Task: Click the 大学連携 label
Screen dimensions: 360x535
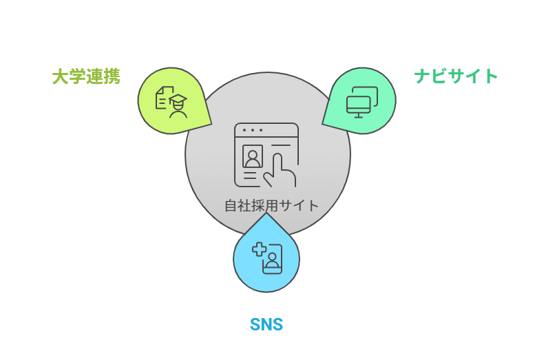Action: pos(86,76)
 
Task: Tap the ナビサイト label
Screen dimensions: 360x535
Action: pos(456,76)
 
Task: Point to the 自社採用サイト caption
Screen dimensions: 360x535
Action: pos(272,205)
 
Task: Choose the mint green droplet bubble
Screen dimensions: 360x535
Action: pos(361,100)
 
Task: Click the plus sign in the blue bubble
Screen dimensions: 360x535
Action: pos(259,250)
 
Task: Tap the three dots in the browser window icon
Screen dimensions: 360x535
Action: pos(252,130)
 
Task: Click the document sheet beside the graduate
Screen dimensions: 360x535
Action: pos(163,98)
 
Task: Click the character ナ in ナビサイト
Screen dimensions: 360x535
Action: pos(422,76)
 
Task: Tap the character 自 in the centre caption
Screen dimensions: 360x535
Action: pos(231,205)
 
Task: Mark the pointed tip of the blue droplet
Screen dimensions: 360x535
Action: pos(266,214)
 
